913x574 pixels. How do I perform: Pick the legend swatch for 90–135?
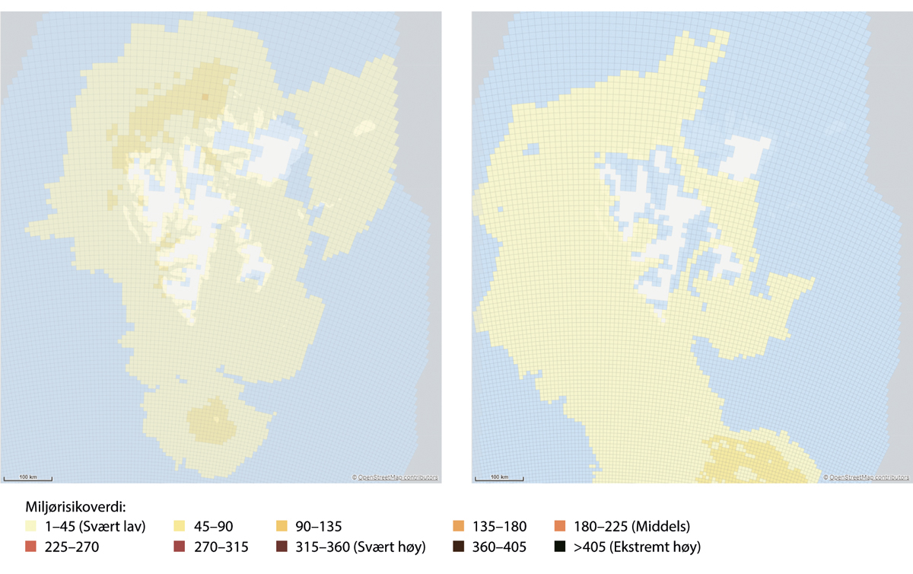click(282, 526)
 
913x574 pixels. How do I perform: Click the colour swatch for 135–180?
click(457, 526)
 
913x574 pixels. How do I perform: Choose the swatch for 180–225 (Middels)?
click(560, 526)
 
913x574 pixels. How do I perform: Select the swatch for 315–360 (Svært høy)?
click(282, 547)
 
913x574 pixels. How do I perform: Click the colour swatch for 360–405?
click(457, 547)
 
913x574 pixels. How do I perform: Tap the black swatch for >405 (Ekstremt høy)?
click(560, 547)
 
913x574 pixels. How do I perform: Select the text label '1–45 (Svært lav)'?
click(95, 526)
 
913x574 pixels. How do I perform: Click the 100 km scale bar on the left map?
click(28, 478)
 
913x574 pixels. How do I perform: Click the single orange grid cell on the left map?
click(204, 97)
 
